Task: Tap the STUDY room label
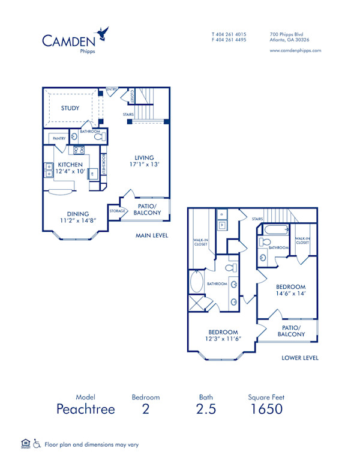[x=70, y=109]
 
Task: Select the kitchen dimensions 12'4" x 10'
[x=70, y=172]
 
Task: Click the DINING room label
[x=78, y=213]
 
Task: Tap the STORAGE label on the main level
[x=117, y=211]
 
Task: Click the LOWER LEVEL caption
[x=300, y=358]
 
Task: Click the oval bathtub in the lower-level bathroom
[x=197, y=282]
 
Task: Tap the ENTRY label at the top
[x=112, y=90]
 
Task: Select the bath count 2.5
[x=206, y=410]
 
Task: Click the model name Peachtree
[x=85, y=410]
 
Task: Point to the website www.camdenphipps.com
[x=295, y=51]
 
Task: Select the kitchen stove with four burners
[x=79, y=150]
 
